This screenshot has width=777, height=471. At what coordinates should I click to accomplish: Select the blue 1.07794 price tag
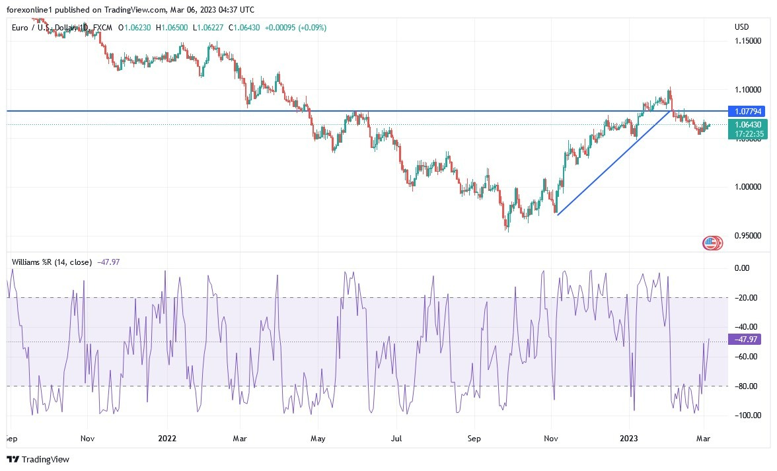tap(745, 112)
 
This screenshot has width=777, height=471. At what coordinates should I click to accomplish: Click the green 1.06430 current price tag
tap(745, 124)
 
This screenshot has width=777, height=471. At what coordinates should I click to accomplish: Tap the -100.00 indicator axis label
tap(747, 416)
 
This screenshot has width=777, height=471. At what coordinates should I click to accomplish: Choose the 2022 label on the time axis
tap(168, 437)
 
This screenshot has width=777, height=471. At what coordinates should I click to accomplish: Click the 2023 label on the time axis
tap(629, 437)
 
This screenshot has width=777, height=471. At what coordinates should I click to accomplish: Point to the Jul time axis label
tap(396, 437)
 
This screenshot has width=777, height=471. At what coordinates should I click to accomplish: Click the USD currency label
tap(741, 27)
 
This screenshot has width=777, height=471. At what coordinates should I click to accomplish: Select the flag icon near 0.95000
tap(712, 243)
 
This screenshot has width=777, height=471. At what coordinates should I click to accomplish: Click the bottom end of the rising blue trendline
tap(558, 215)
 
